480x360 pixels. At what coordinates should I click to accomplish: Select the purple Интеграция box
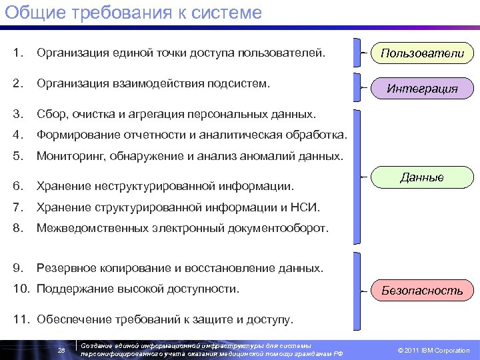coord(422,88)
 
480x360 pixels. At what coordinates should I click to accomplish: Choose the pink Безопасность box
coord(422,291)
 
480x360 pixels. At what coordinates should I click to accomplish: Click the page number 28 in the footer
coord(61,350)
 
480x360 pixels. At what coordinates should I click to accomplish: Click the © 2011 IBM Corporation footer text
coord(433,350)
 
